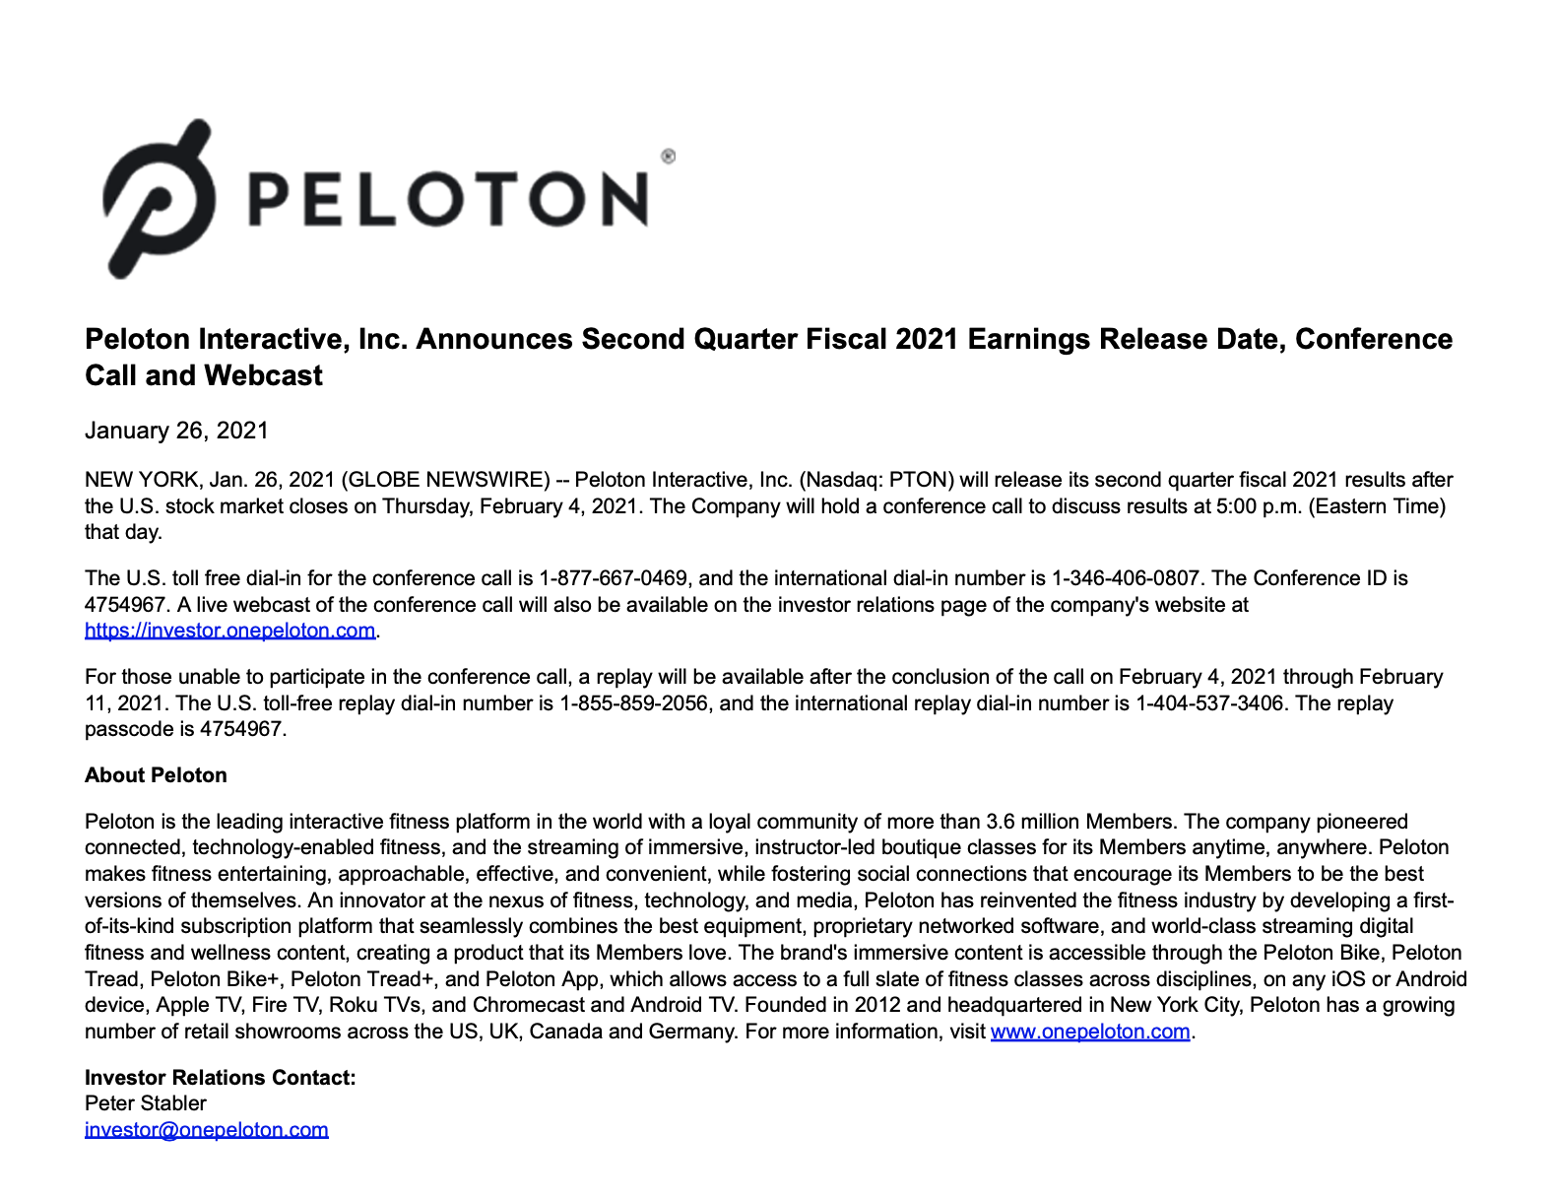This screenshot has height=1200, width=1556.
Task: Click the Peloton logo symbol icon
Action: (158, 197)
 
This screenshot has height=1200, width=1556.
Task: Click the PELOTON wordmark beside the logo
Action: (448, 198)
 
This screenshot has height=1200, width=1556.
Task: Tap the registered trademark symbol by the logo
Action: (668, 156)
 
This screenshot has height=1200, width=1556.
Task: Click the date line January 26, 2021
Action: (176, 431)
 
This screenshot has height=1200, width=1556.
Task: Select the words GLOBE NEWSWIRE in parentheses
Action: (445, 480)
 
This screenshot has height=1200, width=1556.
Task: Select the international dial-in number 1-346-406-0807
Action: (1126, 578)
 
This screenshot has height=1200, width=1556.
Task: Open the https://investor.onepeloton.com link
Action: (229, 631)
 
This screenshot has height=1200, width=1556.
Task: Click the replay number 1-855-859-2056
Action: (633, 703)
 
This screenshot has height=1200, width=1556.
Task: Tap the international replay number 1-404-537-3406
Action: (1209, 703)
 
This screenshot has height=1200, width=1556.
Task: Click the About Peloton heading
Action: (156, 775)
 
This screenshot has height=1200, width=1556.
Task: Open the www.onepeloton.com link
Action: (1090, 1032)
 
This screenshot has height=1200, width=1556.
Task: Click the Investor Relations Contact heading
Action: (220, 1078)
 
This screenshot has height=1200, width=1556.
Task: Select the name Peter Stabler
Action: (146, 1103)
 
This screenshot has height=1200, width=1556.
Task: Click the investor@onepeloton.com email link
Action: (206, 1130)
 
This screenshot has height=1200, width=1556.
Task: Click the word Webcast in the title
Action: (264, 375)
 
